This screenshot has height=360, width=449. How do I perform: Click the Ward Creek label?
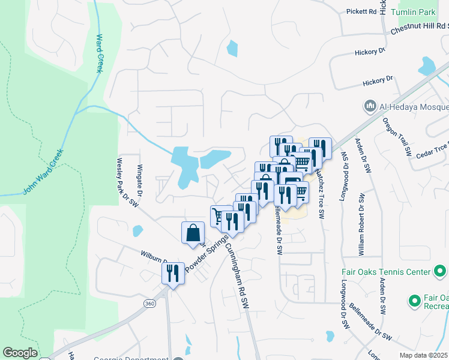98,53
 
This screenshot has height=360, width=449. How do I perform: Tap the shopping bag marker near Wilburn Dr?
193,233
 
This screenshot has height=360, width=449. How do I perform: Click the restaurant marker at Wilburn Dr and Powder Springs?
172,273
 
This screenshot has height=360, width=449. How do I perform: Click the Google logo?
20,353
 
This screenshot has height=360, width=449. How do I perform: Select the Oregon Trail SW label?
397,137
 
